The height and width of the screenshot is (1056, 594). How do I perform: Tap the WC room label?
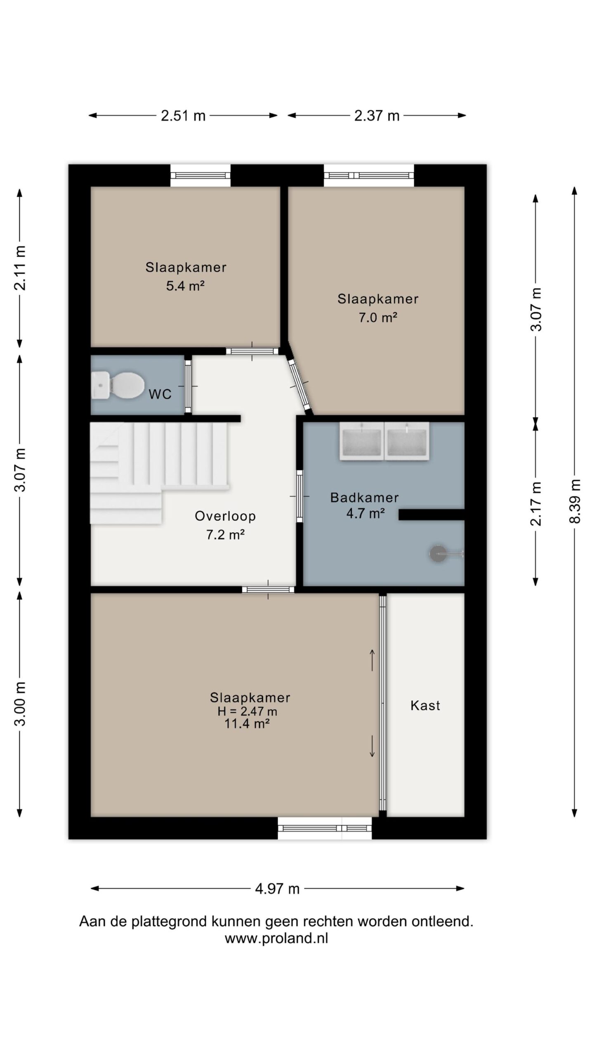(x=160, y=394)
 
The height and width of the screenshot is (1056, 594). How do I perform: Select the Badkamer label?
(x=364, y=497)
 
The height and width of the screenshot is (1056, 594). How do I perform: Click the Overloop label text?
(x=225, y=516)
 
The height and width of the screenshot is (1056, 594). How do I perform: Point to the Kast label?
(x=425, y=705)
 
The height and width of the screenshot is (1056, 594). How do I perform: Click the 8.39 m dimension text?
(x=575, y=501)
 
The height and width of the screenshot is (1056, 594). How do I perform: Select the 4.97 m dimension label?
(x=277, y=889)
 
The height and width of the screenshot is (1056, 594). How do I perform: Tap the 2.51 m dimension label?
(x=183, y=115)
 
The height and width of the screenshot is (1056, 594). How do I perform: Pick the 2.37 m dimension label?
(x=377, y=115)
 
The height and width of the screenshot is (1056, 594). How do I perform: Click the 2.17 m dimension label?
(x=536, y=503)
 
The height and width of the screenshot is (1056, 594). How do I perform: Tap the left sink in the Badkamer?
(x=361, y=441)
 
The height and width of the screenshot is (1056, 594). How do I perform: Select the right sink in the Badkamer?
(x=407, y=441)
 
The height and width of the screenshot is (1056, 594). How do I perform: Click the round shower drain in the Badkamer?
(x=438, y=554)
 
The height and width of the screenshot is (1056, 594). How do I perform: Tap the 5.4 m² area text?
(x=186, y=285)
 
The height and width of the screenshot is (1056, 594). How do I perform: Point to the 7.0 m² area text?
(x=378, y=317)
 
